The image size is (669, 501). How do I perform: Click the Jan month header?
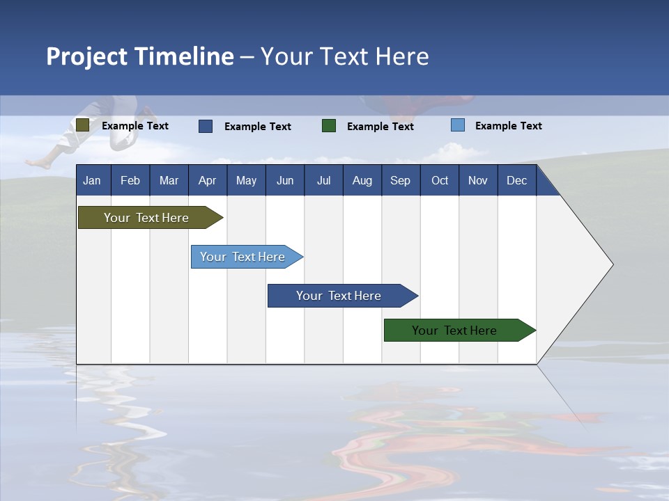click(x=92, y=180)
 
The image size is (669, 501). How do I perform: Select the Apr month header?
click(x=207, y=180)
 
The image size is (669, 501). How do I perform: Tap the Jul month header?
click(x=323, y=180)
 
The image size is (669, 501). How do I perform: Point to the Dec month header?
click(x=516, y=180)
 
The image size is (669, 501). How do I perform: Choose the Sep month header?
click(x=400, y=180)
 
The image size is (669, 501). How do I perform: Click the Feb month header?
click(x=130, y=180)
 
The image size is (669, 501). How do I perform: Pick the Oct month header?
click(x=440, y=180)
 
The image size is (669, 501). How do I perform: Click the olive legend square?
click(x=82, y=125)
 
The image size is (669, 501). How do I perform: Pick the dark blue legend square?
click(x=206, y=126)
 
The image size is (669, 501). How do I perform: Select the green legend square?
click(x=329, y=126)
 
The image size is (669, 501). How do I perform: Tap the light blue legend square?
click(x=458, y=125)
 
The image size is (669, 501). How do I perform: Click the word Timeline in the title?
click(x=184, y=56)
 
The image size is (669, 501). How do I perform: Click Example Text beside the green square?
click(x=380, y=127)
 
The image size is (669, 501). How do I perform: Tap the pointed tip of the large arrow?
click(x=612, y=264)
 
